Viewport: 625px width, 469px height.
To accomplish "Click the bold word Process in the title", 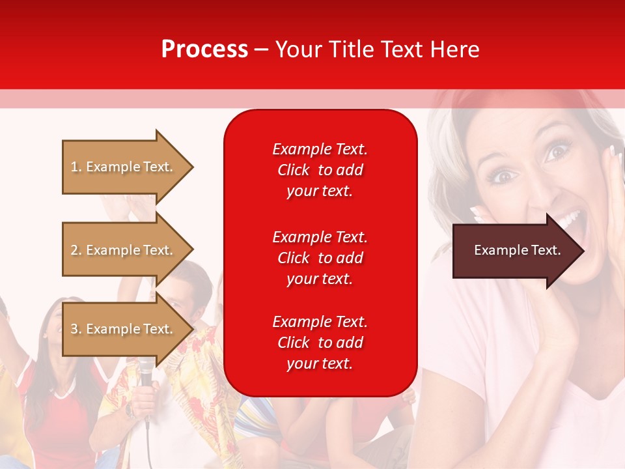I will (x=204, y=50).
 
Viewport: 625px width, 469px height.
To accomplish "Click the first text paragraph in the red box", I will (x=320, y=170).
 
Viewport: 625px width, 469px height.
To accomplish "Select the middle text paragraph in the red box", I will (x=320, y=257).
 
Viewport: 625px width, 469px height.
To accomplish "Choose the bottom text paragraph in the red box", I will (x=320, y=343).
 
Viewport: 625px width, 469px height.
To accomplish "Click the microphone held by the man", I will (x=146, y=372).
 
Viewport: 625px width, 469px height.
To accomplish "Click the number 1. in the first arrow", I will (x=76, y=167).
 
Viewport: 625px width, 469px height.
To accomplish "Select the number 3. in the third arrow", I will (x=76, y=329).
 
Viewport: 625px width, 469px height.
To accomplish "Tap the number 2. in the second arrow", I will (x=76, y=250).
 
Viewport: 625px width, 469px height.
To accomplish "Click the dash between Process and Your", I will (x=262, y=50).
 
